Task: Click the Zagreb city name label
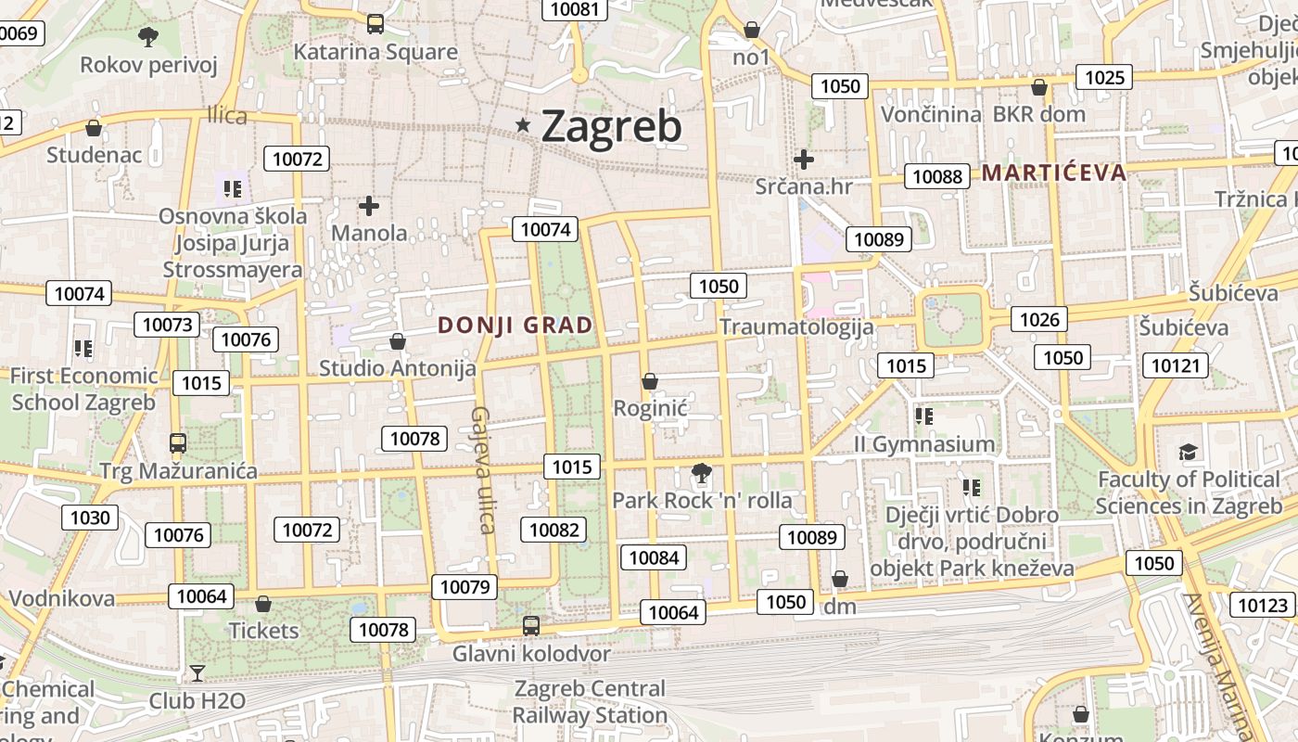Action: [611, 126]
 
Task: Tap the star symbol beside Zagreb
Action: [523, 124]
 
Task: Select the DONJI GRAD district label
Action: [515, 326]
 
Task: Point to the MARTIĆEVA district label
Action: [1054, 173]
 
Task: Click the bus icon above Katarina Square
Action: [375, 24]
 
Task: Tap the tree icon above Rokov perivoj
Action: [147, 37]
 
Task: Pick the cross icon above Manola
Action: [369, 205]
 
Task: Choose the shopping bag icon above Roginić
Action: [650, 381]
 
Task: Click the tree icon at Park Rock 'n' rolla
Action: [702, 474]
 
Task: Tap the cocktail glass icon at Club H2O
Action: [197, 672]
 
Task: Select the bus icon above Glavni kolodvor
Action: [531, 626]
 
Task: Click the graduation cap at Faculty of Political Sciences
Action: [1188, 453]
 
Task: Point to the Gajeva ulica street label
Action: [482, 470]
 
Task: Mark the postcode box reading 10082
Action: [554, 530]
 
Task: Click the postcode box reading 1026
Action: [1039, 320]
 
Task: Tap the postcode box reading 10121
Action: [1175, 365]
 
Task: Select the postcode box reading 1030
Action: [90, 518]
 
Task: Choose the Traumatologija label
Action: [796, 326]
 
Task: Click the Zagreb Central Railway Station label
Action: [590, 702]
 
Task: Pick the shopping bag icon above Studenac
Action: [93, 128]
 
